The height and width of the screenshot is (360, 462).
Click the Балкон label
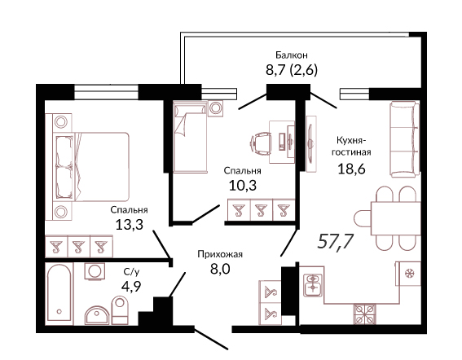292,55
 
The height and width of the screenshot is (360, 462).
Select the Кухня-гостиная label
351,146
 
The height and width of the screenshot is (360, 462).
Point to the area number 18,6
351,169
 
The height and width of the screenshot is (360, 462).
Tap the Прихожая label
220,254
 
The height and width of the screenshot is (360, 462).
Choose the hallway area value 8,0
220,269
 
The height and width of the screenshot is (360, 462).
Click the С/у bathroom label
131,272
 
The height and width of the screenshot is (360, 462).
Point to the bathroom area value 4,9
131,286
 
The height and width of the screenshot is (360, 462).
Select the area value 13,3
129,225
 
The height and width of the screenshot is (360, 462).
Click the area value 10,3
243,186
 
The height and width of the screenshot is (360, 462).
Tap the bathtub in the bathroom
59,293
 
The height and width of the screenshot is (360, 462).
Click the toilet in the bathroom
120,310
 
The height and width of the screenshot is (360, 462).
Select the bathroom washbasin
97,315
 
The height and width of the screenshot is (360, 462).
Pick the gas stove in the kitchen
365,314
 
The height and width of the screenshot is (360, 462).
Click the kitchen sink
313,285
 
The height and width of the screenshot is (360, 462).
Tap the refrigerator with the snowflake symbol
408,274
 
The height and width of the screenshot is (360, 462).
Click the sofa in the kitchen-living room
405,139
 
